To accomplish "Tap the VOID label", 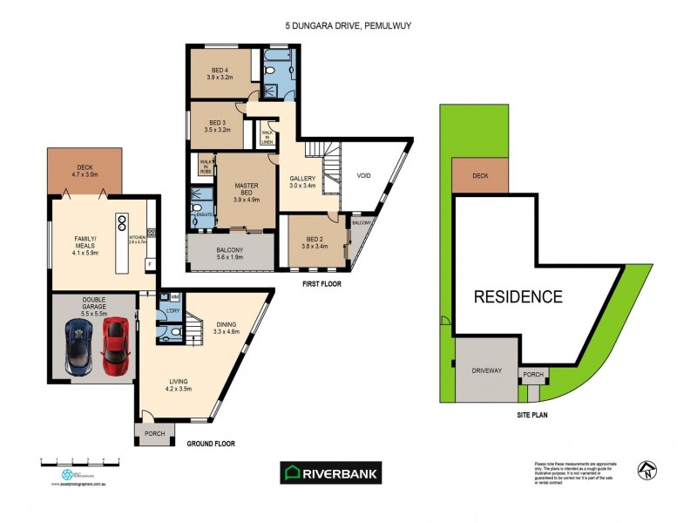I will pos(364,175).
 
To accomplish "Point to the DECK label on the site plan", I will pos(480,175).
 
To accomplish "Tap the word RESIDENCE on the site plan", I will pos(518,296).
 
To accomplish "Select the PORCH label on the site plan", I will pos(532,376).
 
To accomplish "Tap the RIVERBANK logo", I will pos(330,472).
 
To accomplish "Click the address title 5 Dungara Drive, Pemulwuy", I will pos(348,26).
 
